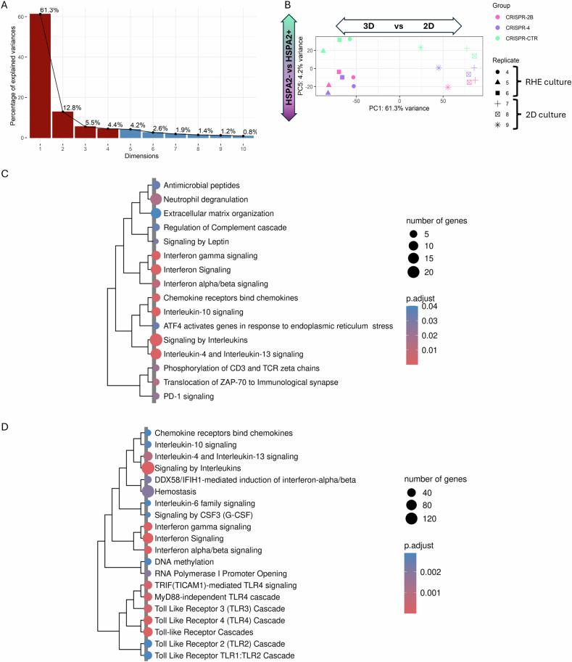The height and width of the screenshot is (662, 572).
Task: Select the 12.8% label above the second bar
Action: [72, 107]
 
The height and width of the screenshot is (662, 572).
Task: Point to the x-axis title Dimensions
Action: [142, 154]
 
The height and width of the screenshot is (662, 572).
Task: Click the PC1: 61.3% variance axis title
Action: [399, 107]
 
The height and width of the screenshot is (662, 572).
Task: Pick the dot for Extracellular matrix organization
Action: [155, 213]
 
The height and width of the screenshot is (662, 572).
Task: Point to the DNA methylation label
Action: [186, 561]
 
